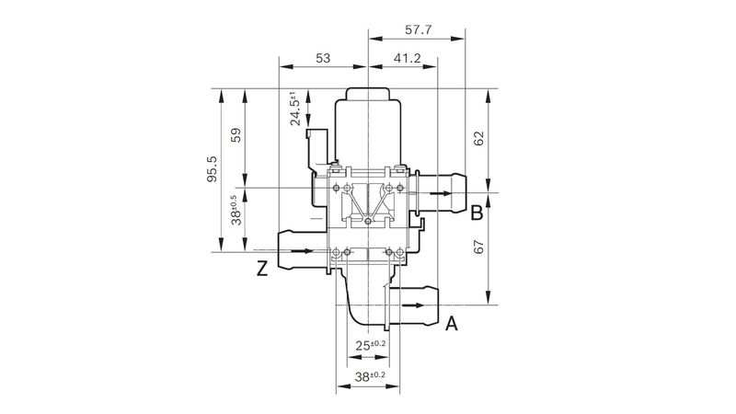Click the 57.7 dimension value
418,30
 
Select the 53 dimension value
323,58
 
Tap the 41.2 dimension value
407,58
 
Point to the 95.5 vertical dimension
213,169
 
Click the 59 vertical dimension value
236,135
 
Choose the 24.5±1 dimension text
295,109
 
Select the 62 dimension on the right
478,139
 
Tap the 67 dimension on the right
478,247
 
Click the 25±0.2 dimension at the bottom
371,346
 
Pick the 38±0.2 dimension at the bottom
370,376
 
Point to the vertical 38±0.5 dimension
236,210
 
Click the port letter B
477,213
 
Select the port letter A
451,324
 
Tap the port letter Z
262,269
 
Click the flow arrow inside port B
441,193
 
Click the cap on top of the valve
369,94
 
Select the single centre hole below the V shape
369,221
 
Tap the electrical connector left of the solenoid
316,149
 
